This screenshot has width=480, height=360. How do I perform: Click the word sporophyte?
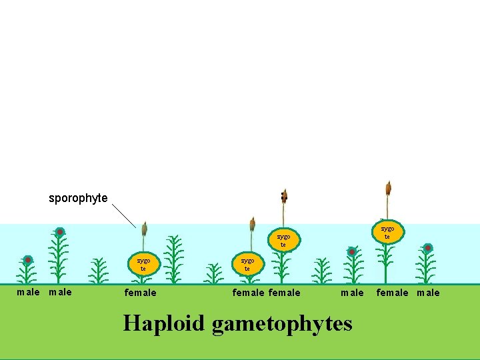[x=78, y=198]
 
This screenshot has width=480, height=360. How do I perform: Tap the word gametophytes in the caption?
[x=282, y=323]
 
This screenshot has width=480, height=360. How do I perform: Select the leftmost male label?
[x=28, y=292]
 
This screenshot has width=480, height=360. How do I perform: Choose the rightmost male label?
[x=428, y=292]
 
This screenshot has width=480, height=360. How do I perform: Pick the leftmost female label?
[x=141, y=292]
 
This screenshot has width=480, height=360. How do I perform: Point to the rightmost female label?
[x=393, y=292]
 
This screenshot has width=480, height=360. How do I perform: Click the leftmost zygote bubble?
[x=143, y=264]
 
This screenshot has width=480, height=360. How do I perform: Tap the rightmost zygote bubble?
[x=387, y=231]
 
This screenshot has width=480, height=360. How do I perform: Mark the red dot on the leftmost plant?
[x=28, y=260]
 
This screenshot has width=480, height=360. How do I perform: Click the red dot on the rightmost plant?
[x=428, y=248]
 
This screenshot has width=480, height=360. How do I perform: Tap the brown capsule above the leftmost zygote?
[x=143, y=229]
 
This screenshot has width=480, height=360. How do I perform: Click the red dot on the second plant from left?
[x=60, y=232]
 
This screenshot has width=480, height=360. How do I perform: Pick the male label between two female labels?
[x=352, y=292]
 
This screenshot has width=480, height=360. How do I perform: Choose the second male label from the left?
[x=61, y=292]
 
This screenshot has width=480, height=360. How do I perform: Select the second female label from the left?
[x=249, y=292]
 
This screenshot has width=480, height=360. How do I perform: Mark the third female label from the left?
[x=285, y=292]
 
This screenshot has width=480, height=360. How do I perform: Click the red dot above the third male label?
[x=352, y=252]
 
